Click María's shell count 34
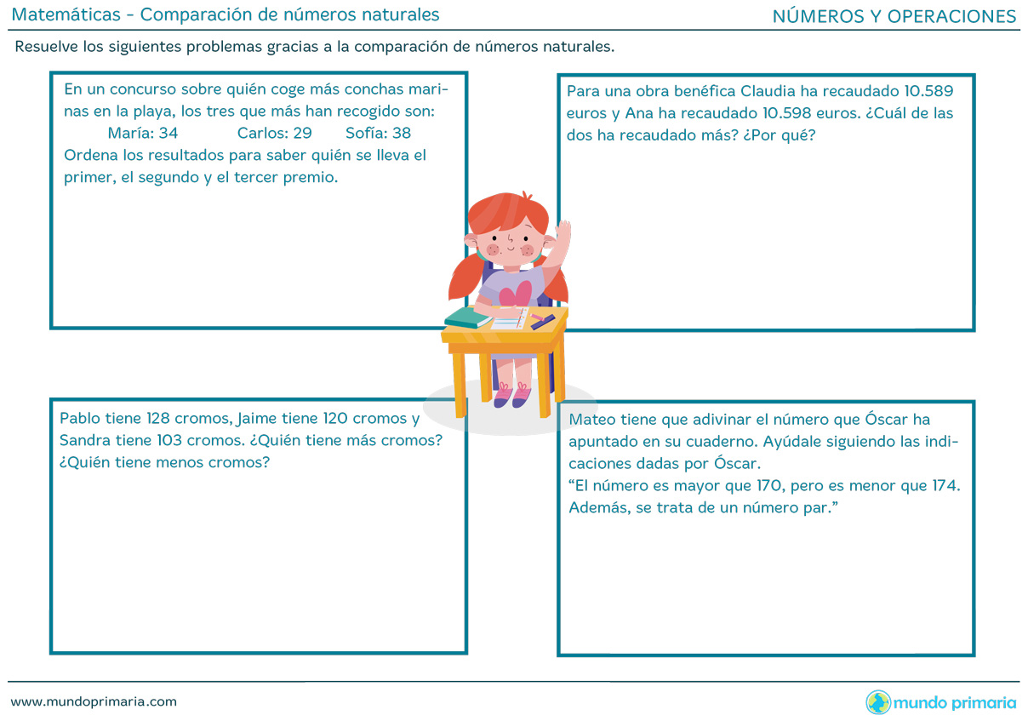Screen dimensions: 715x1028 coord(168,133)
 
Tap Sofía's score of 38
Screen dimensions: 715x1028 coord(402,133)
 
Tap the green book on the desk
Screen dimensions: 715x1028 coord(467,318)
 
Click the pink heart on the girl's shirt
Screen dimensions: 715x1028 coord(515,295)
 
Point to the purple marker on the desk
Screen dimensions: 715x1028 coord(542,321)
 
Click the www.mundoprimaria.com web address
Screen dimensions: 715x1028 coord(94,701)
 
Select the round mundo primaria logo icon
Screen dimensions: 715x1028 coord(878,702)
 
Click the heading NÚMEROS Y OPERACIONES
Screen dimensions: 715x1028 coord(894,16)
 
